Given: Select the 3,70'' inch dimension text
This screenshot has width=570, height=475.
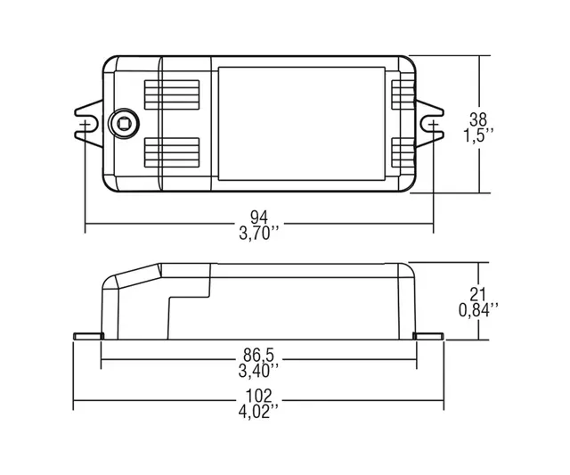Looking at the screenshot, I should (x=259, y=234).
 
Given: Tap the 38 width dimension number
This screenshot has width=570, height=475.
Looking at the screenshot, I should (x=480, y=119).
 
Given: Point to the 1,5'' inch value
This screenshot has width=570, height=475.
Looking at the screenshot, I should (x=480, y=135).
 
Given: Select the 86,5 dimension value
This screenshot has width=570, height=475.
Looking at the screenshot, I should (x=259, y=351).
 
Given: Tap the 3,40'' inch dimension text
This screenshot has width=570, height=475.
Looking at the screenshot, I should (x=259, y=367).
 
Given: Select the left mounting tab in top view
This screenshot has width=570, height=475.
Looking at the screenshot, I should (x=86, y=124).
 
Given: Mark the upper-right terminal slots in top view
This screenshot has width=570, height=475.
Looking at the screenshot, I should (x=403, y=93).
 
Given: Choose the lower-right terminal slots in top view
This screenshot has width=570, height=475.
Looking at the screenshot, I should (x=403, y=154).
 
